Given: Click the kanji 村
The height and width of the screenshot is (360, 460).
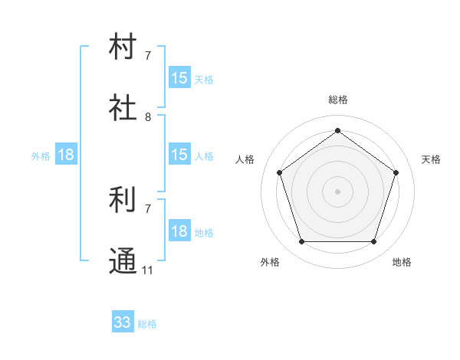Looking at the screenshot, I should coord(123,47).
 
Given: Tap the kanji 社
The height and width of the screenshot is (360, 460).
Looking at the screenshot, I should coord(123,108).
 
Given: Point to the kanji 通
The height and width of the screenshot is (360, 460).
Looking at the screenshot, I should coord(123,261).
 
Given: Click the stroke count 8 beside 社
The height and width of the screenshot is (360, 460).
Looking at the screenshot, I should coord(148,117).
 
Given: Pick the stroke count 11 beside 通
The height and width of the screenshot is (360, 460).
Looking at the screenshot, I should coord(148,270).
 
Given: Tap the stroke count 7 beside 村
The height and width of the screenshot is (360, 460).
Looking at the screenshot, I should coord(148,56).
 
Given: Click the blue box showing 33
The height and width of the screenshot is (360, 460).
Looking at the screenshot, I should coord(123,322).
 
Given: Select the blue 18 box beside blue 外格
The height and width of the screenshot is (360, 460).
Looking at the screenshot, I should coord(66,155).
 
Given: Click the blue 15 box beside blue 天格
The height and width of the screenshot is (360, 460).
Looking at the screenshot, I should coord(179,78).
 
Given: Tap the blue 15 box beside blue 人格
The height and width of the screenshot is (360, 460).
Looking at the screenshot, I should coord(179,155).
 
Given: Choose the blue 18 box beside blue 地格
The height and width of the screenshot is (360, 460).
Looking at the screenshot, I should coord(179,231).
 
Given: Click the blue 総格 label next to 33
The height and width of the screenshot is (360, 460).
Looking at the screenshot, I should coord(147,324).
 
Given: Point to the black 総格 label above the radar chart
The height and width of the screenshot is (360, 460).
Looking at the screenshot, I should coord(337,100).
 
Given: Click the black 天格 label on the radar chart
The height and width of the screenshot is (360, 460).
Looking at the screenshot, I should coord(431,159).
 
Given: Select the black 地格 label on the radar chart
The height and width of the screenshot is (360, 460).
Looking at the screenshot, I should coord(402,262).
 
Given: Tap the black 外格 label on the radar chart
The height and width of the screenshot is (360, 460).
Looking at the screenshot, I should coord(270,262).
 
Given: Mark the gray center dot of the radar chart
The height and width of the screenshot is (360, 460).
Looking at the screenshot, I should coord(337,191).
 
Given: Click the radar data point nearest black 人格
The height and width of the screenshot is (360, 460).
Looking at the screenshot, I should coord(279,172).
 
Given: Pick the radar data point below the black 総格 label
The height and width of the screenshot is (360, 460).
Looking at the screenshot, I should coord(337,130).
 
